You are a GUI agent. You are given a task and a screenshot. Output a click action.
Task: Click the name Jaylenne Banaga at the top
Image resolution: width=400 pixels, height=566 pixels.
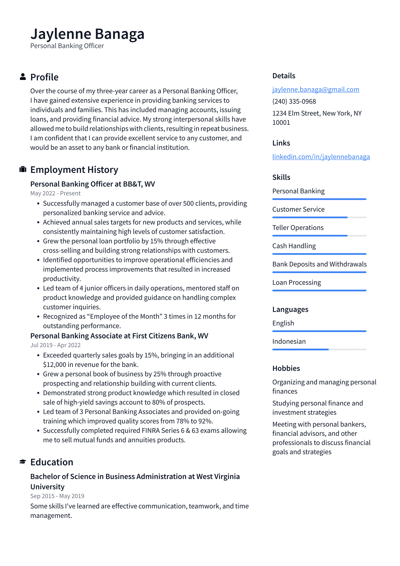point(87,34)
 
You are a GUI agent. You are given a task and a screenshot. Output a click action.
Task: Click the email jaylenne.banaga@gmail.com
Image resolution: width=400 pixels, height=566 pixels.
point(315,89)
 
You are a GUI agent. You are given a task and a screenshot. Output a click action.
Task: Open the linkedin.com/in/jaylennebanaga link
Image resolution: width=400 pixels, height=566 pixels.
point(321,157)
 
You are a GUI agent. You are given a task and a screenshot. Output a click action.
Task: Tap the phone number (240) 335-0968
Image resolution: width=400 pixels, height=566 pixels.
point(294,101)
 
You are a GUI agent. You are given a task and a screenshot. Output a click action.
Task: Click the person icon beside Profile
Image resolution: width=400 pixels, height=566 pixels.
point(23,77)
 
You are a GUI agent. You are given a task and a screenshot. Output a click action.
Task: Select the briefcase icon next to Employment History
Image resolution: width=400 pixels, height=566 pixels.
point(23,169)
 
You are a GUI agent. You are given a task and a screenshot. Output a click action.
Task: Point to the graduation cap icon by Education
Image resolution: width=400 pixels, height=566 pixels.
point(23,462)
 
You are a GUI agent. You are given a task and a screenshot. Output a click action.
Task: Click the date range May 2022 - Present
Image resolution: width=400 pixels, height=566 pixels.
point(55,193)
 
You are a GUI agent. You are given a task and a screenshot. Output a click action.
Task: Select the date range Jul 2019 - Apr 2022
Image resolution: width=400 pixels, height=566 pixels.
point(55,345)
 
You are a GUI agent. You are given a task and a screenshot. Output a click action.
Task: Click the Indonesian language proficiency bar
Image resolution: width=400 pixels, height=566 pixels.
point(319,349)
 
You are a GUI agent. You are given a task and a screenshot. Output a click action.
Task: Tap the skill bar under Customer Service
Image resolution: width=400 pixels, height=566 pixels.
point(319,217)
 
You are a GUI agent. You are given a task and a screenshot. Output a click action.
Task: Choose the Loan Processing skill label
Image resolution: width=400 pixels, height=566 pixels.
point(296,282)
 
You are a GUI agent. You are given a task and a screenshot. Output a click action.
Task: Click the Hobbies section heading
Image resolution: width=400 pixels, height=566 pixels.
point(286,368)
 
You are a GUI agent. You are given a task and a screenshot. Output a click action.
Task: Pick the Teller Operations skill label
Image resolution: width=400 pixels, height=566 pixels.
point(298,228)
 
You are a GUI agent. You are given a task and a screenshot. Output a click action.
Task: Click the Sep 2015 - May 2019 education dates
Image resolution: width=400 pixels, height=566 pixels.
point(57,496)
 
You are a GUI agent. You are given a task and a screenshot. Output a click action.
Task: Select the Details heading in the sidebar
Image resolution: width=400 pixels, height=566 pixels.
point(284,76)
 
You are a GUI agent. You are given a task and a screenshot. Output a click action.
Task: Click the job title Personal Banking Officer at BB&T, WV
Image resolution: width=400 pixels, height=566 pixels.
point(92,184)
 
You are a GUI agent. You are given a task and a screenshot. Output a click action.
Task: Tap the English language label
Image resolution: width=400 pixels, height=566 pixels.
point(283,323)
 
